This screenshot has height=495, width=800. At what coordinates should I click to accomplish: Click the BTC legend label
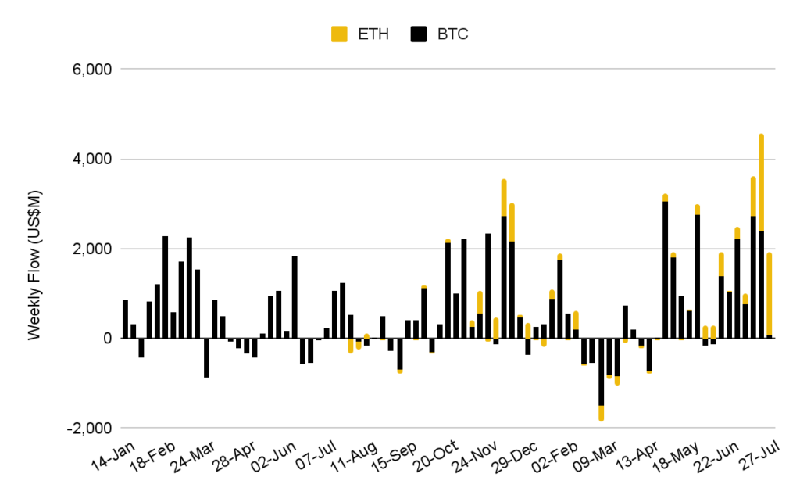(x=452, y=34)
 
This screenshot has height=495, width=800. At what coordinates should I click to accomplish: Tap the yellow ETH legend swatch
(x=340, y=34)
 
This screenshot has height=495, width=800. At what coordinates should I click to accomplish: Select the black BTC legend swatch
(x=420, y=34)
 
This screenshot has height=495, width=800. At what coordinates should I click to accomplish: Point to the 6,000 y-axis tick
(x=92, y=70)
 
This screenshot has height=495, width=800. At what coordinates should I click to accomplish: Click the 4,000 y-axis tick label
(x=92, y=160)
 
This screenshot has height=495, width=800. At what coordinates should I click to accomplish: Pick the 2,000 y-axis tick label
(x=92, y=249)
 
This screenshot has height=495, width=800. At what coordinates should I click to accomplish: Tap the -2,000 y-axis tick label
(x=90, y=429)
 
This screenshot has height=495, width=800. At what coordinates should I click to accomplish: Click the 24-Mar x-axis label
(x=191, y=458)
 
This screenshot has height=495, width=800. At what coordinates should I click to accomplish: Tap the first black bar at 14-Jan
(x=125, y=319)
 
